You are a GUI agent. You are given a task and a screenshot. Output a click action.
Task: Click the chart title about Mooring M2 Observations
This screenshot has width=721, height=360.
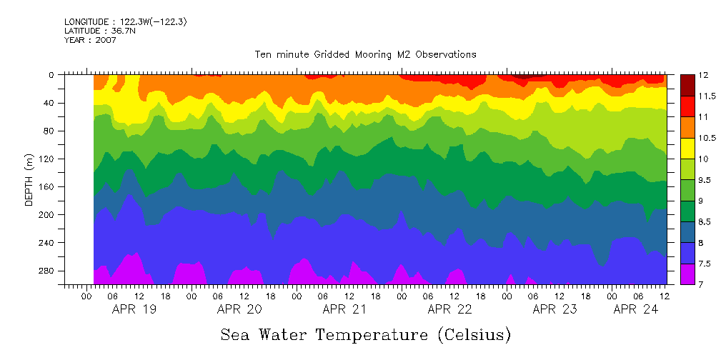coord(365,55)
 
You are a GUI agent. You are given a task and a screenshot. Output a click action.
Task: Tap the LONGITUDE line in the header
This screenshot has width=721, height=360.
coord(126,22)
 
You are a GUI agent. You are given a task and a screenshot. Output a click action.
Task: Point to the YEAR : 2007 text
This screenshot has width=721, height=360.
coord(90,40)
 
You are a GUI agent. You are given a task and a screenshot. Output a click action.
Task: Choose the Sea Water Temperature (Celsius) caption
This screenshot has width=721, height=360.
coord(365,334)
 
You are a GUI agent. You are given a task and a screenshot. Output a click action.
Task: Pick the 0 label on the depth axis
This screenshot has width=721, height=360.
coord(51,75)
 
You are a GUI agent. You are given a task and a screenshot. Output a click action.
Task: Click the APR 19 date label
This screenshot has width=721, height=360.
coord(135,310)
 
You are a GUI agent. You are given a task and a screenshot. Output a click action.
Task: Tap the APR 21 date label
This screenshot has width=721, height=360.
coord(344,310)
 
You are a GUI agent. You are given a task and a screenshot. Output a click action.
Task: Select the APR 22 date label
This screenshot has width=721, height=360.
coord(449,310)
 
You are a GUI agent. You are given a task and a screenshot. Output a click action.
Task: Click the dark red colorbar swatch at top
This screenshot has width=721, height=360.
coord(687,85)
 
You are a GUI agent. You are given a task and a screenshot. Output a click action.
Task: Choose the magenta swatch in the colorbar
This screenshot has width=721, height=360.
coord(687,274)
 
